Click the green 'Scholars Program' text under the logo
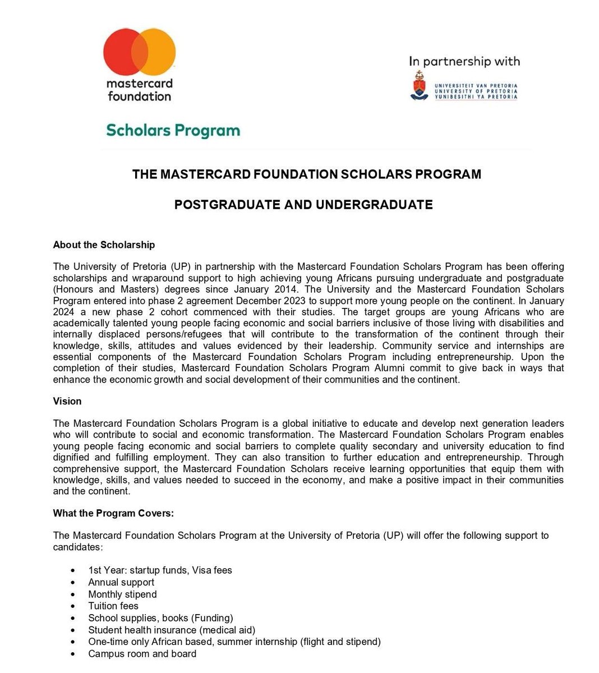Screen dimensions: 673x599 point(173,130)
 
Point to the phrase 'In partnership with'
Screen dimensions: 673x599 point(464,62)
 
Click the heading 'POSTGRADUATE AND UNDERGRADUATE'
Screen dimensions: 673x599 point(303,205)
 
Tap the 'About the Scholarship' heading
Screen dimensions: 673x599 point(104,245)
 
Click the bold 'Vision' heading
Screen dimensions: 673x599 point(67,401)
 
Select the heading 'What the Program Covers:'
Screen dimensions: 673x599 point(113,513)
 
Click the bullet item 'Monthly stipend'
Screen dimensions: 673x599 point(122,594)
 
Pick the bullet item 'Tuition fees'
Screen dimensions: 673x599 point(113,606)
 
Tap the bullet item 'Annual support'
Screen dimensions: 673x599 point(121,582)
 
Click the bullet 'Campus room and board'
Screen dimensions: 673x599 point(142,653)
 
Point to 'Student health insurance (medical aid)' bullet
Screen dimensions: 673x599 point(172,630)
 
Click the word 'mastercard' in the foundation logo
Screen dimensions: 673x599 point(139,84)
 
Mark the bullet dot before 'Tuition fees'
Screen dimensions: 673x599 point(74,606)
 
